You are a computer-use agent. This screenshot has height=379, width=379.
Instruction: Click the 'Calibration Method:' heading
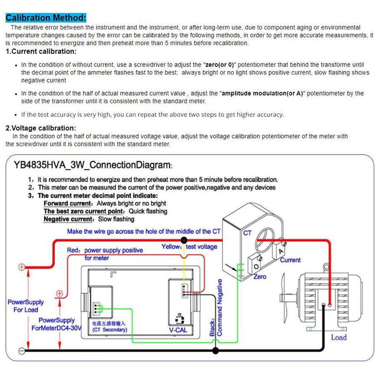[x=45, y=18]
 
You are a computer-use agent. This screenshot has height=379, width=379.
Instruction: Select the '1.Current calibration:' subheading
[x=41, y=51]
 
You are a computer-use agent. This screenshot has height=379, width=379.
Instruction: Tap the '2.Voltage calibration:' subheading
[x=41, y=128]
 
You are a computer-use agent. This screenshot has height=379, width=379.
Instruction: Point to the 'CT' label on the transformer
[x=247, y=232]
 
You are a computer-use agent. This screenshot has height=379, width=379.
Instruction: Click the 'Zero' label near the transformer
[x=260, y=277]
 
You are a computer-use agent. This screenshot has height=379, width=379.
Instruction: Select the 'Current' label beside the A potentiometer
[x=290, y=260]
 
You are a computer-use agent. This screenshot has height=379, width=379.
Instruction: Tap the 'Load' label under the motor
[x=339, y=337]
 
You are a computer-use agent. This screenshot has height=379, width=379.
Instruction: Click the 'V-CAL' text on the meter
[x=178, y=330]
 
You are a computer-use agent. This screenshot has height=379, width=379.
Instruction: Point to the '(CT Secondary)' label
[x=109, y=330]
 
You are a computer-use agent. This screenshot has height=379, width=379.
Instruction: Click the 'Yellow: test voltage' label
[x=189, y=246]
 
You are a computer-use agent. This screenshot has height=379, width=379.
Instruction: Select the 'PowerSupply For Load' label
[x=25, y=306]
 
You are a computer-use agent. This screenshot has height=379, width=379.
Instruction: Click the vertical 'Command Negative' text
[x=219, y=307]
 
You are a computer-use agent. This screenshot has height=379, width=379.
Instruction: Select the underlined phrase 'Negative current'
[x=68, y=219]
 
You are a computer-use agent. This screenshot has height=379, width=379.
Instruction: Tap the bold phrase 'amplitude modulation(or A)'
[x=262, y=93]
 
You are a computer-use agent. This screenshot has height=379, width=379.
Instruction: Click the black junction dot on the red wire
[x=184, y=240]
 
